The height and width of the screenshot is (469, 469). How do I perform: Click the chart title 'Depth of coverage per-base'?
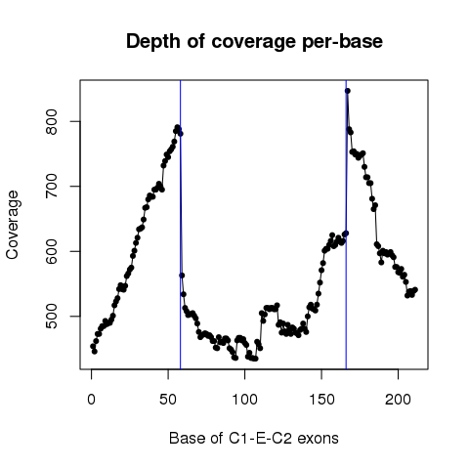[x=254, y=42]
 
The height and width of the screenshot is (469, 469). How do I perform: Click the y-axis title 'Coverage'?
[x=13, y=225]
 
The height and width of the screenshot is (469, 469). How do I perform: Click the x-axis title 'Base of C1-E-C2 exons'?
[x=254, y=438]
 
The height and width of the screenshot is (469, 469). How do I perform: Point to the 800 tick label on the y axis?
[x=52, y=121]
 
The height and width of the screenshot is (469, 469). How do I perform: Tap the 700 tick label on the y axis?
[x=52, y=187]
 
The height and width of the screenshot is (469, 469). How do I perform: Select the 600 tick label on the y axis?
[x=52, y=251]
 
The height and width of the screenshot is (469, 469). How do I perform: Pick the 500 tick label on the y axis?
[x=52, y=316]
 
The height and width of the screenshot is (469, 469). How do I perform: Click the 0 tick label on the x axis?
[x=92, y=400]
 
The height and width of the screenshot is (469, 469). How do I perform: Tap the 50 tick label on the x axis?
[x=168, y=400]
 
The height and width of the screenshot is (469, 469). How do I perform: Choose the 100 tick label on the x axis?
[x=244, y=400]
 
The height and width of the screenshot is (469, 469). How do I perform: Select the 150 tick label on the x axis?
[x=321, y=400]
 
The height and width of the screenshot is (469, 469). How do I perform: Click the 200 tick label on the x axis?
[x=398, y=400]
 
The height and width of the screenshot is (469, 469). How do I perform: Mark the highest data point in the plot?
[x=348, y=91]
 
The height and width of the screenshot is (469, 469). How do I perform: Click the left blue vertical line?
[x=180, y=225]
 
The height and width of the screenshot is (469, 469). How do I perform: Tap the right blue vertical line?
[x=346, y=225]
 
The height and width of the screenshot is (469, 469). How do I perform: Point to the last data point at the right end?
[x=415, y=290]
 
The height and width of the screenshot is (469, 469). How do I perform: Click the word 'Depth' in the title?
[x=153, y=42]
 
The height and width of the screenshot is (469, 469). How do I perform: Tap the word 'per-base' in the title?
[x=342, y=42]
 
